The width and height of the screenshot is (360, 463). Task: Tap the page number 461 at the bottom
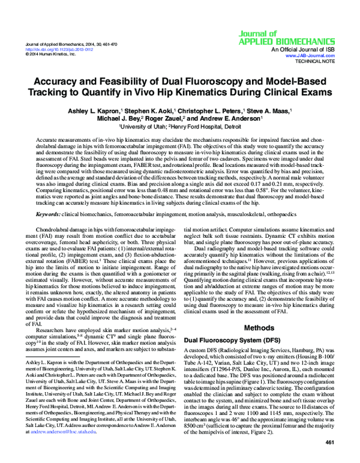(x=329, y=443)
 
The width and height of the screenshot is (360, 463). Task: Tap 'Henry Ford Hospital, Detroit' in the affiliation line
(x=205, y=127)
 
